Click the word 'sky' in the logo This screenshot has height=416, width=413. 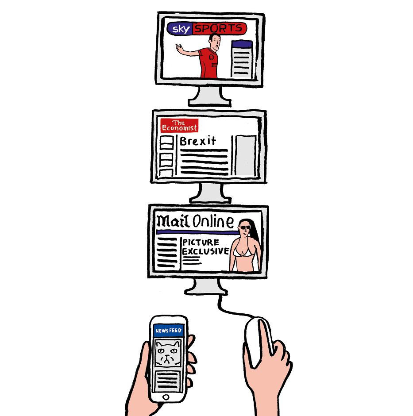tap(181, 29)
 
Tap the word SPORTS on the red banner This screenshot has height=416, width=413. tap(218, 28)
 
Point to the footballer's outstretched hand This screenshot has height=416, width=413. tap(180, 49)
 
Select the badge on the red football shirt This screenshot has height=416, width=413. tap(211, 57)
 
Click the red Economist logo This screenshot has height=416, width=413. tap(179, 125)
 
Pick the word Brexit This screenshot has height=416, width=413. tap(198, 141)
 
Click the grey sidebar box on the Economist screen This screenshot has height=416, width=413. tap(245, 155)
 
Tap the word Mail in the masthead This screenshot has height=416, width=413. tap(173, 221)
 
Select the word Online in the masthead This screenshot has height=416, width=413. tap(213, 221)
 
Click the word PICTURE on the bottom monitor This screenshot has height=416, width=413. tap(201, 242)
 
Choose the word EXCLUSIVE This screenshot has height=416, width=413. tap(205, 251)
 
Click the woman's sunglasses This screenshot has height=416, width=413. tap(244, 227)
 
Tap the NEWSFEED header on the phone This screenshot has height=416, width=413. tap(169, 331)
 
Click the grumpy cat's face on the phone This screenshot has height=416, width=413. tap(168, 353)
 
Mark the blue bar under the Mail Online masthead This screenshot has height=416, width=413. tap(197, 232)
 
